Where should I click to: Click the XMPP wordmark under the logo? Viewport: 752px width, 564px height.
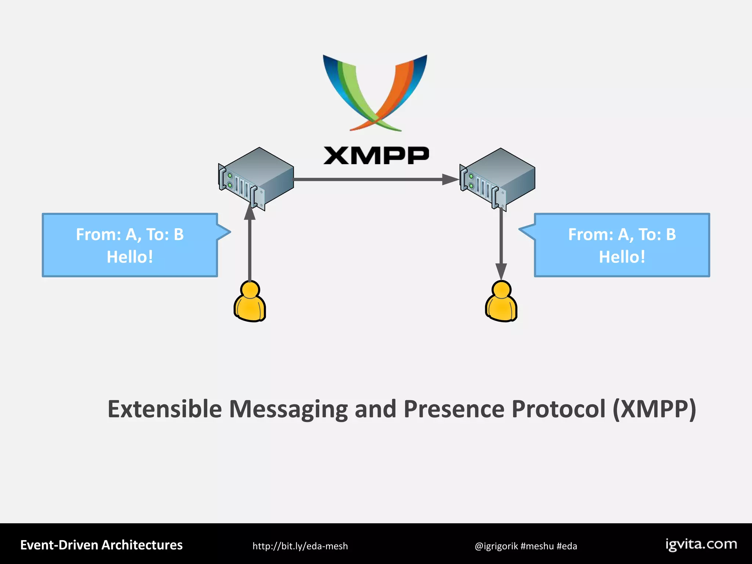[376, 156]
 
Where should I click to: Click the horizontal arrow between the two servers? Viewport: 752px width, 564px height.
[375, 180]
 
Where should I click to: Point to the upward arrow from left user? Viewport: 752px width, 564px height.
[250, 246]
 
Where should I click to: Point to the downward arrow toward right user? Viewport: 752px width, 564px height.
[501, 242]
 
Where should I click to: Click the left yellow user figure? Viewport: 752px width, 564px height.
[250, 302]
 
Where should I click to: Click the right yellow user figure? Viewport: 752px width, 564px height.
[501, 302]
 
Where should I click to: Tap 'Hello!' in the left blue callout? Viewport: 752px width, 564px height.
[130, 257]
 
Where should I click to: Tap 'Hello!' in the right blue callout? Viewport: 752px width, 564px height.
[622, 257]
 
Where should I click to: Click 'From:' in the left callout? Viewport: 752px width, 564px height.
[98, 234]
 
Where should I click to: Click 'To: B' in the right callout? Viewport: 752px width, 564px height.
[657, 234]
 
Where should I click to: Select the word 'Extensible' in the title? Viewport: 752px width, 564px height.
[164, 409]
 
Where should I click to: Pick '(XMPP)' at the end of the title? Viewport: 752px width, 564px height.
[654, 409]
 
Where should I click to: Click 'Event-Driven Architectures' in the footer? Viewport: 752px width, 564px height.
[101, 545]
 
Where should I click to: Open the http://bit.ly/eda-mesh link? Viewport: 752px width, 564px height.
[300, 546]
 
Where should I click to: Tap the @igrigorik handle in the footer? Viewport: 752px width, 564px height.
[496, 546]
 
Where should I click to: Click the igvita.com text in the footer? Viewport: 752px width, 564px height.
[701, 544]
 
